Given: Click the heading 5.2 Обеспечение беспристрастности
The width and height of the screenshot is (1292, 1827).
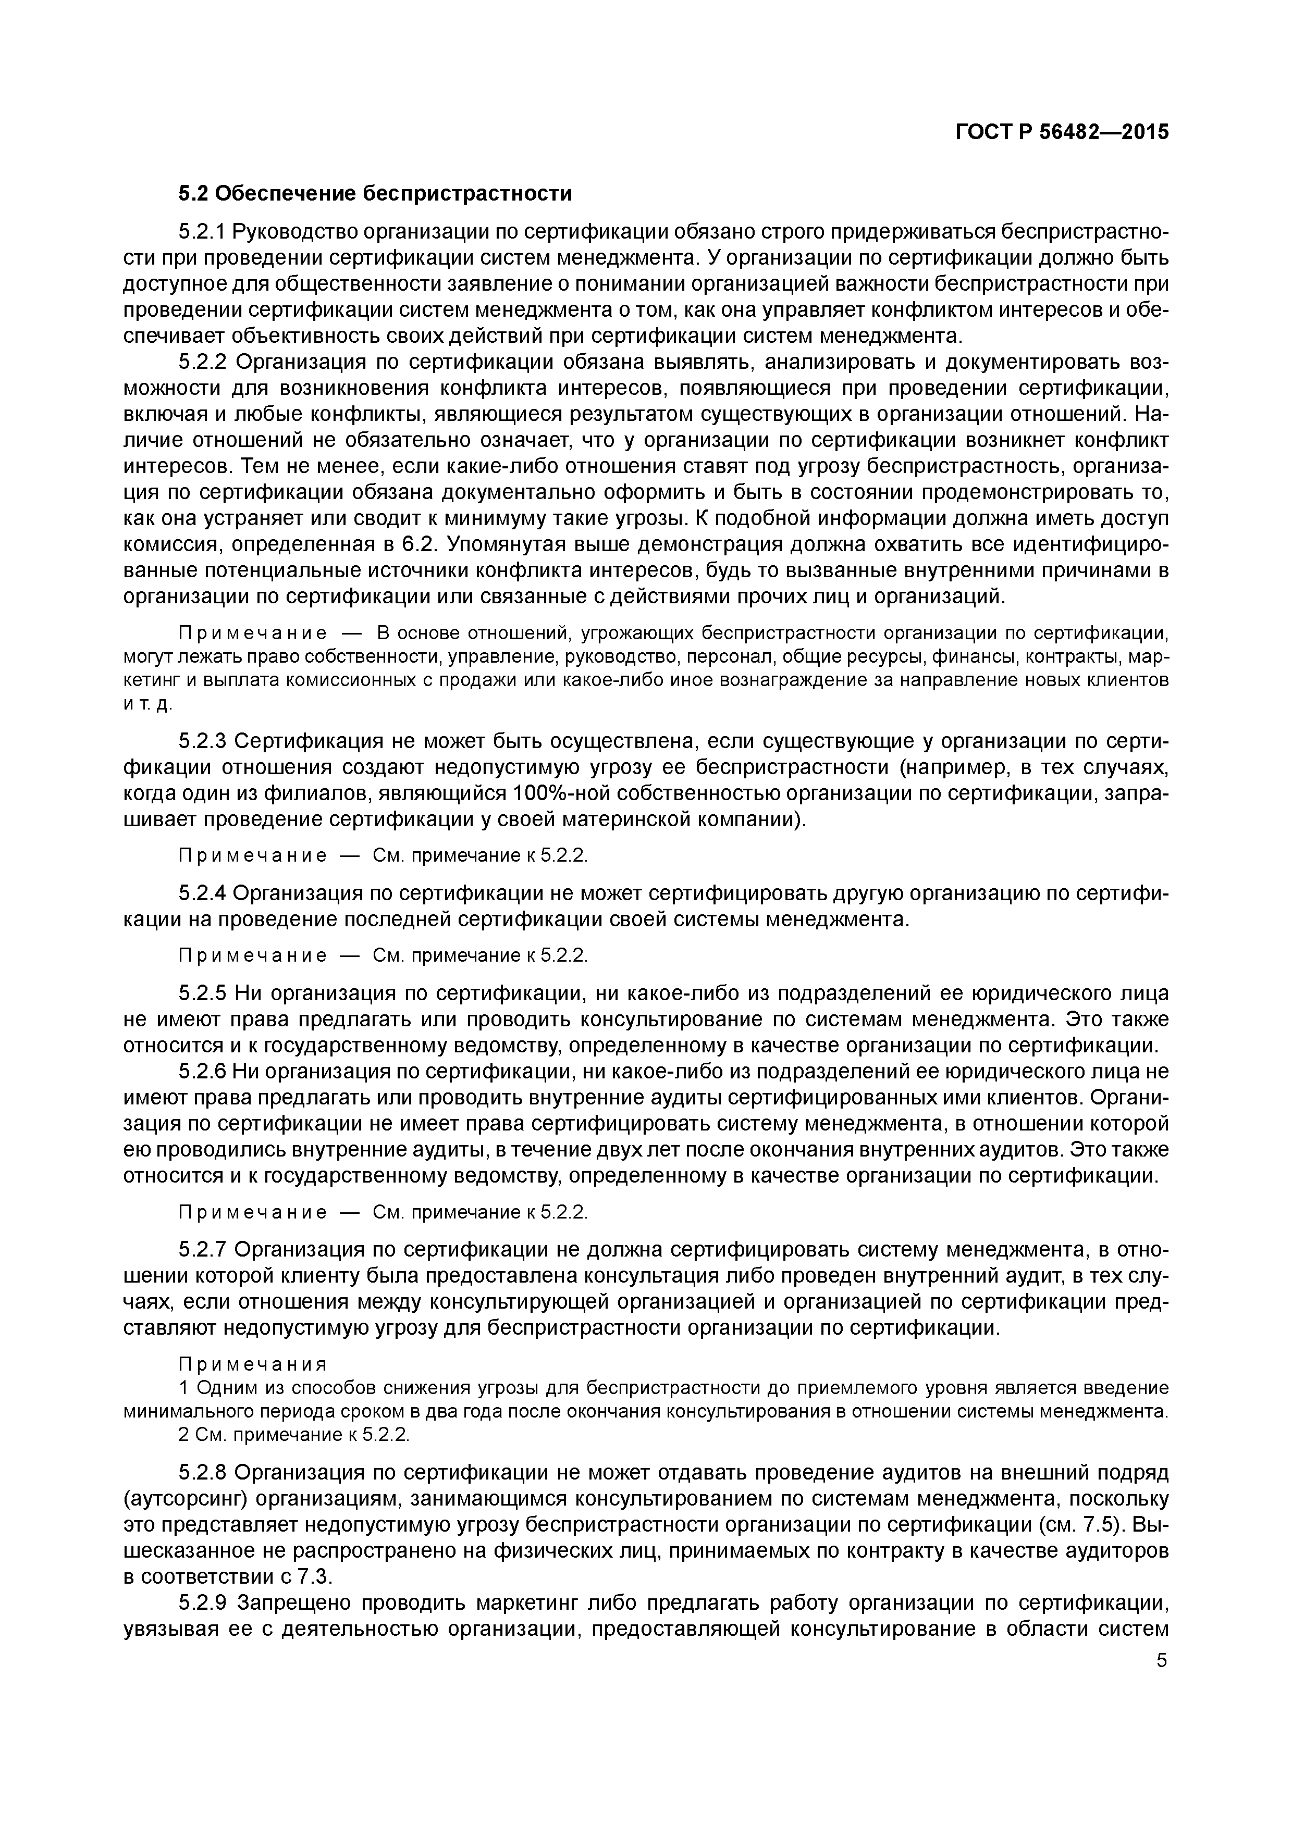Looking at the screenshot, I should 374,193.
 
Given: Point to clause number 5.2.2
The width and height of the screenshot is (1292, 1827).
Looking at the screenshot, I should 203,362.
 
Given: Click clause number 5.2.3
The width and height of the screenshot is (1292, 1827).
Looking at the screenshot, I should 203,742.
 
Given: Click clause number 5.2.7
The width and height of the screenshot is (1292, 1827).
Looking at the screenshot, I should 203,1250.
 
